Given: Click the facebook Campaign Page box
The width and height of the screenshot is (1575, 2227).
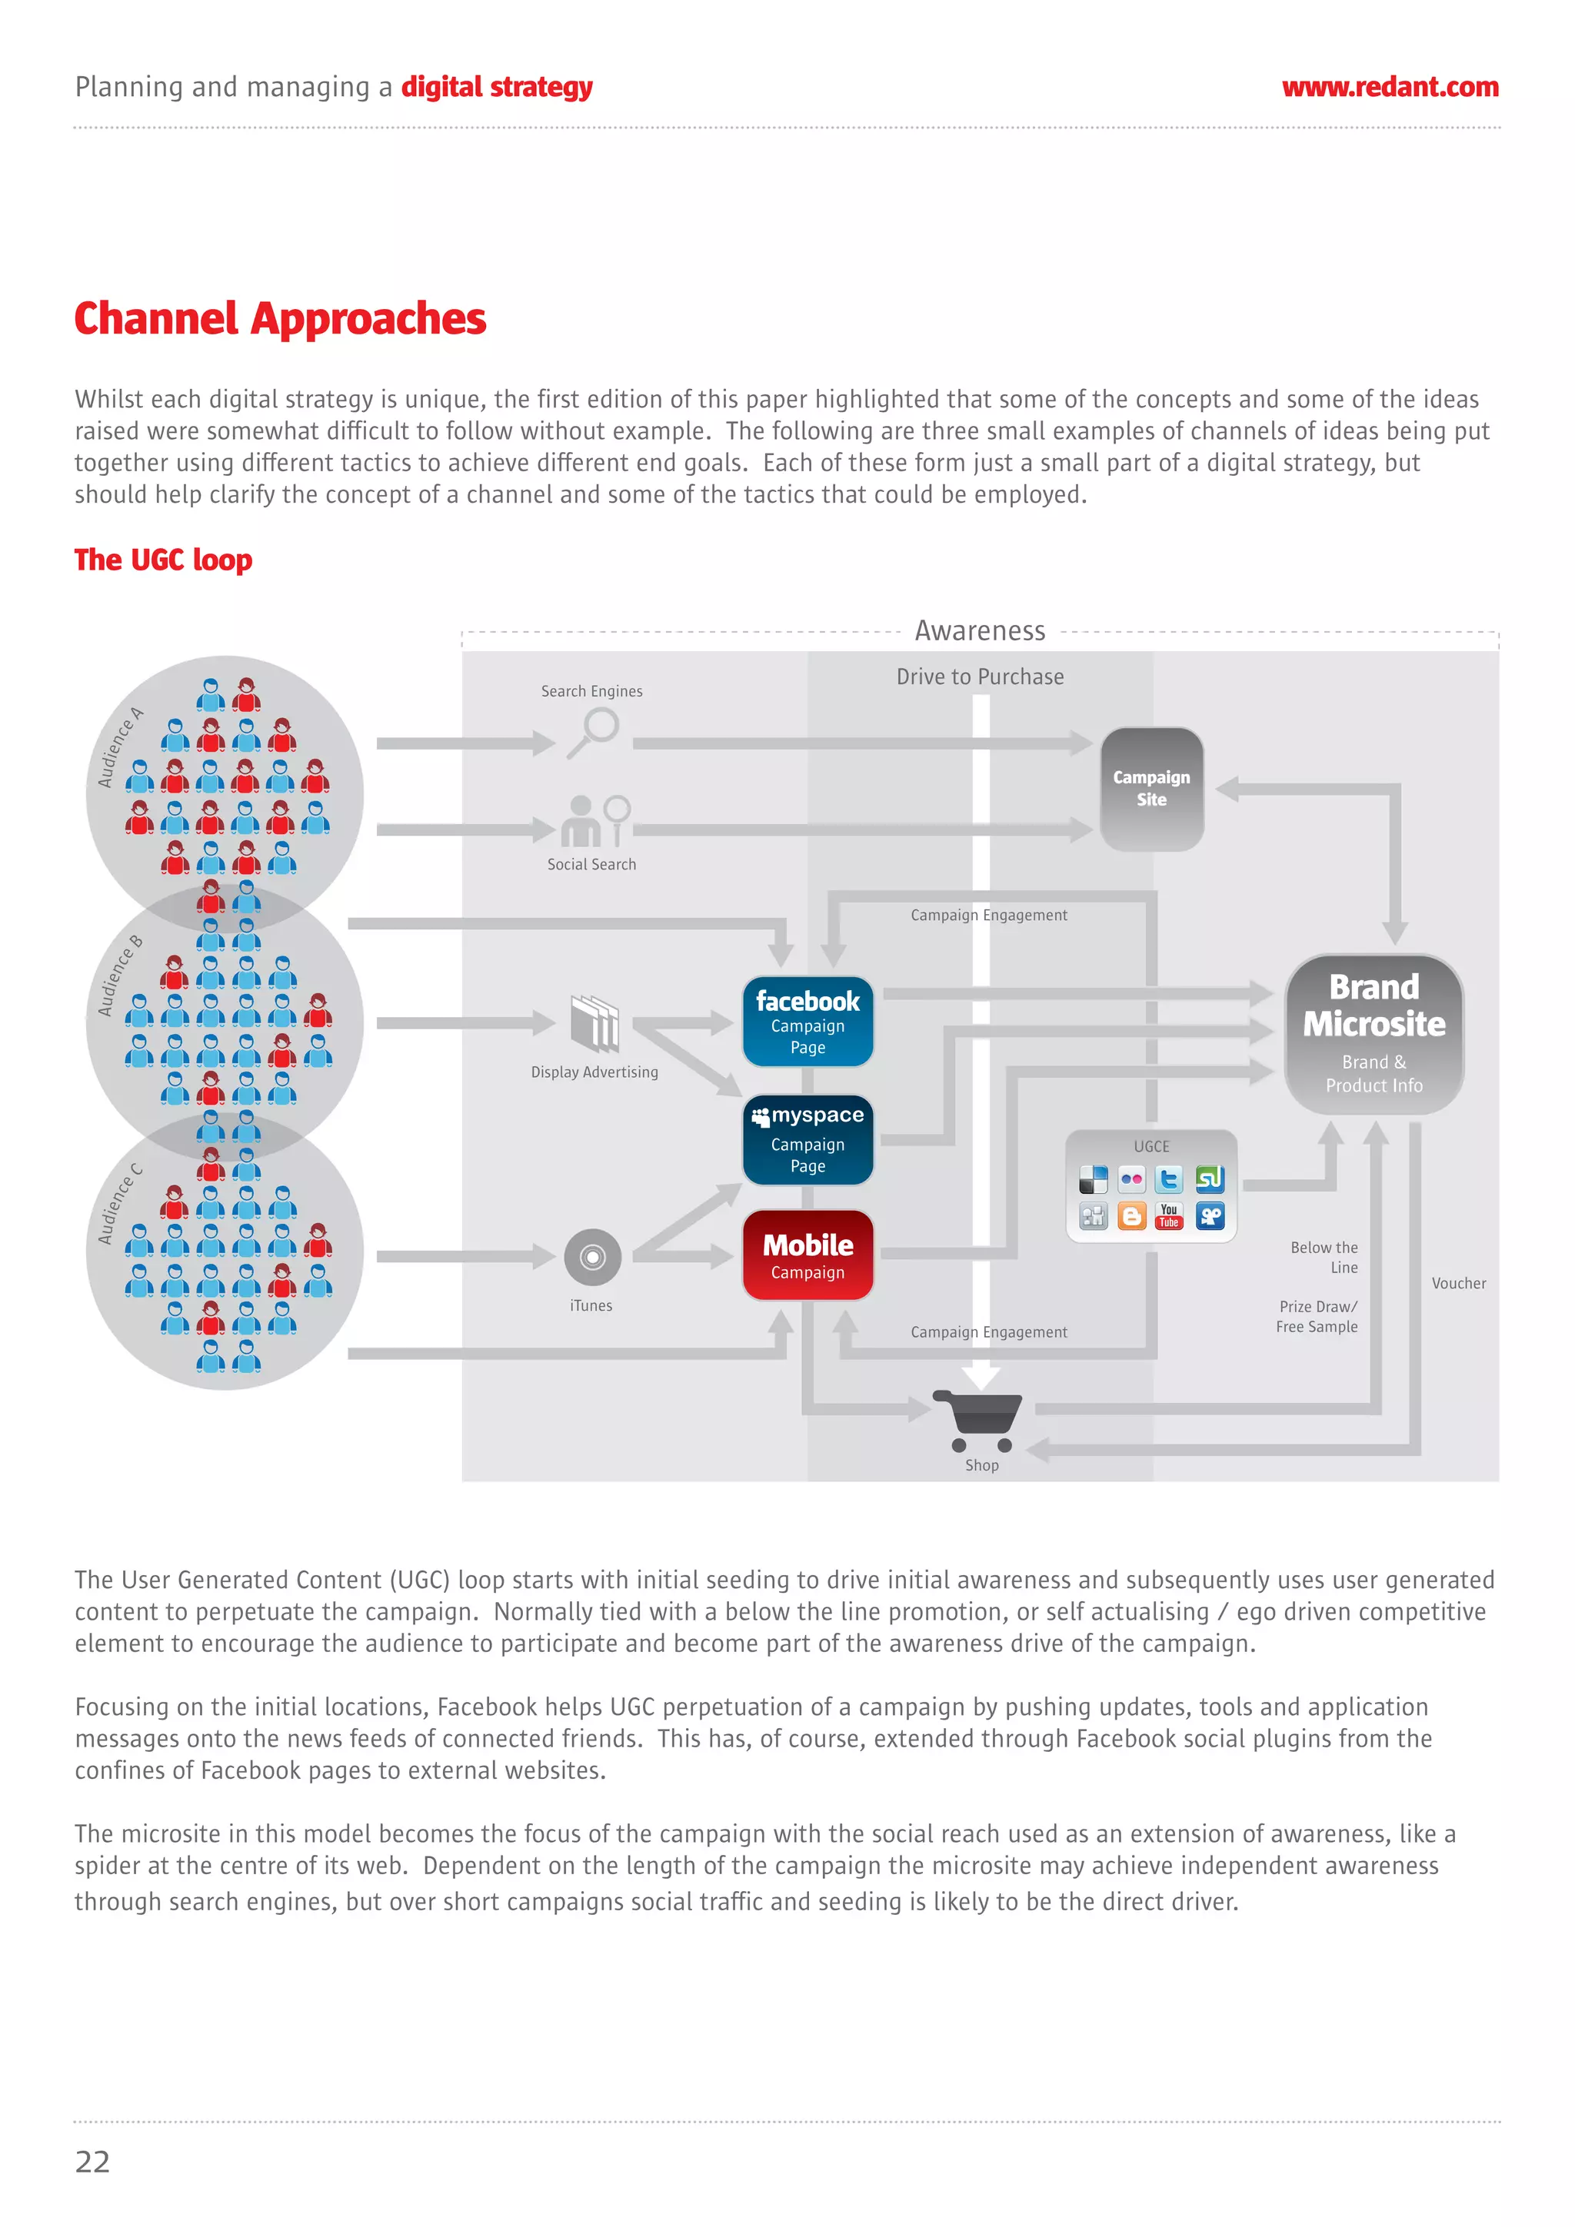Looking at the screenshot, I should pyautogui.click(x=807, y=1022).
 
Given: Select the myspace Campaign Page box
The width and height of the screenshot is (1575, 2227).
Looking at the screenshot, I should pyautogui.click(x=807, y=1140).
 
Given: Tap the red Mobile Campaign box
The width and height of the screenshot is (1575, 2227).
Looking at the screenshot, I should pyautogui.click(x=807, y=1255).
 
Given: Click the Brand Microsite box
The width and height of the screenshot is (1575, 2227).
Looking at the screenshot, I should pyautogui.click(x=1374, y=1034).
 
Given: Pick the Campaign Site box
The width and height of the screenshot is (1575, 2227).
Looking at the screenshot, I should pyautogui.click(x=1151, y=789).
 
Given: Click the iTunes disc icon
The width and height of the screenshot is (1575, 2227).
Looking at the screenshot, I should pyautogui.click(x=592, y=1257).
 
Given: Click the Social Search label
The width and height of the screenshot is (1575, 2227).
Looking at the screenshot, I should pyautogui.click(x=591, y=864).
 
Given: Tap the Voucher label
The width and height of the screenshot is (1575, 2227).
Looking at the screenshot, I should pyautogui.click(x=1457, y=1283).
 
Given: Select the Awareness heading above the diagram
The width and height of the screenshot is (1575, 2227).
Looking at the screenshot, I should pyautogui.click(x=979, y=631).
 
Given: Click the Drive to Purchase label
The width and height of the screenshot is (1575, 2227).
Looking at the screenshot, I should pyautogui.click(x=979, y=677).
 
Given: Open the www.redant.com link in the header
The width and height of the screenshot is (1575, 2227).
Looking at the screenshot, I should pyautogui.click(x=1389, y=88).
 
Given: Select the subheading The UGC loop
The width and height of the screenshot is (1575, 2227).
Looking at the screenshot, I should pyautogui.click(x=163, y=560).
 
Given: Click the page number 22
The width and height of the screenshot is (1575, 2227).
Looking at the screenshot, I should pyautogui.click(x=92, y=2161).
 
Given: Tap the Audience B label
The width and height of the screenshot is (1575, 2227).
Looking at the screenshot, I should pyautogui.click(x=119, y=976).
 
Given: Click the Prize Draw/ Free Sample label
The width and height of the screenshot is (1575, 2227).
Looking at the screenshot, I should pyautogui.click(x=1316, y=1316).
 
